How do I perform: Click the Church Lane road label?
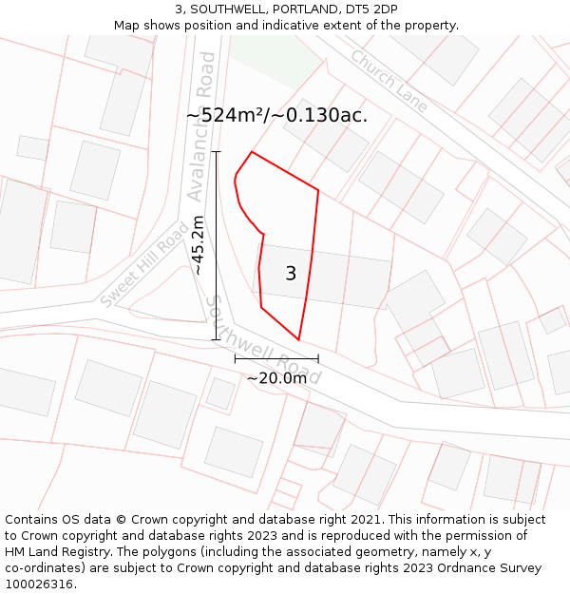point(389,81)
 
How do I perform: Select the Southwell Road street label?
point(263,339)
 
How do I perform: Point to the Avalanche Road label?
point(202,125)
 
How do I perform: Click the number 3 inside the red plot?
point(291,274)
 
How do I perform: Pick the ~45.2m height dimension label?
point(198,245)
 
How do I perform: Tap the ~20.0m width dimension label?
point(276,378)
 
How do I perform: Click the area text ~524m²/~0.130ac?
point(276,115)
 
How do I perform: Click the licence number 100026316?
point(40,584)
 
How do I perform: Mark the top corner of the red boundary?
point(252,152)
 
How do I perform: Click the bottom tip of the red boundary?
point(298,339)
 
